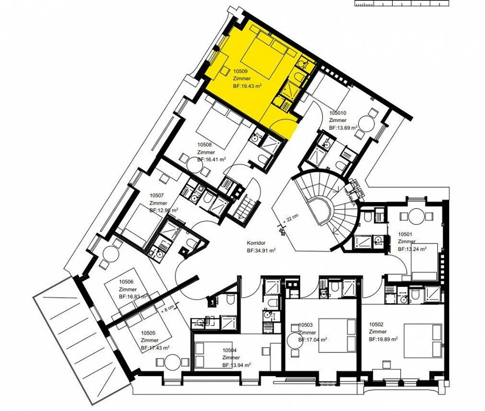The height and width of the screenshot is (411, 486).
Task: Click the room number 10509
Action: (x=240, y=71)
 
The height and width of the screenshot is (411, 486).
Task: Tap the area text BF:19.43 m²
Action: (x=247, y=86)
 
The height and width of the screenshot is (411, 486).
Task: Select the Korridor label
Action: (x=256, y=243)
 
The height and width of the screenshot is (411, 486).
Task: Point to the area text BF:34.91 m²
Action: (x=261, y=250)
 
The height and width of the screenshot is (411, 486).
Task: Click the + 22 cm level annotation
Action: (x=292, y=218)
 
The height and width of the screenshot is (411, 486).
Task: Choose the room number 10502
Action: (x=376, y=324)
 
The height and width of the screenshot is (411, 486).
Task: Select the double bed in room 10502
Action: (x=423, y=341)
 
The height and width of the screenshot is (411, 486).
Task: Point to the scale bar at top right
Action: (x=402, y=3)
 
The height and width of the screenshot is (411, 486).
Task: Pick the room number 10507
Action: (x=157, y=195)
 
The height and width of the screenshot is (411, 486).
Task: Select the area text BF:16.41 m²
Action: (x=212, y=160)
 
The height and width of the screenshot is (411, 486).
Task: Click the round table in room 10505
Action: (x=172, y=361)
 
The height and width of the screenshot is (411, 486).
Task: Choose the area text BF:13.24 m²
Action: (x=412, y=249)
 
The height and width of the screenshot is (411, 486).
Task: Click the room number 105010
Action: (x=337, y=113)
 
